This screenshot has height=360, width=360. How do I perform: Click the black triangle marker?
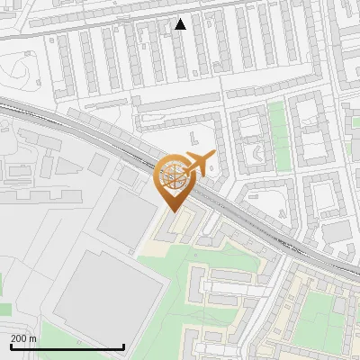(181, 24)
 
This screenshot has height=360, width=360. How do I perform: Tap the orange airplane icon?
(199, 163)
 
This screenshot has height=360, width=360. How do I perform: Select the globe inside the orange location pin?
(173, 175)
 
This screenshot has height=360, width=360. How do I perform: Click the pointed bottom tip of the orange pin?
(173, 210)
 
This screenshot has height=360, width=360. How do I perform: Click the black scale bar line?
(67, 346)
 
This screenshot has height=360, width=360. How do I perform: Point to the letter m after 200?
(33, 338)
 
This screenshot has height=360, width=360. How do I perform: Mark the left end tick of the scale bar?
(10, 346)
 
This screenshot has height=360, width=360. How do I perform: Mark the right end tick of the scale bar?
(123, 346)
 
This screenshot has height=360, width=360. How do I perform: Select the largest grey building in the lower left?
(108, 292)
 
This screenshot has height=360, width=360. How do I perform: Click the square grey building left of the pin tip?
(127, 217)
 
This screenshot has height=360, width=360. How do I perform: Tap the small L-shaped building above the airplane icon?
(195, 137)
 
